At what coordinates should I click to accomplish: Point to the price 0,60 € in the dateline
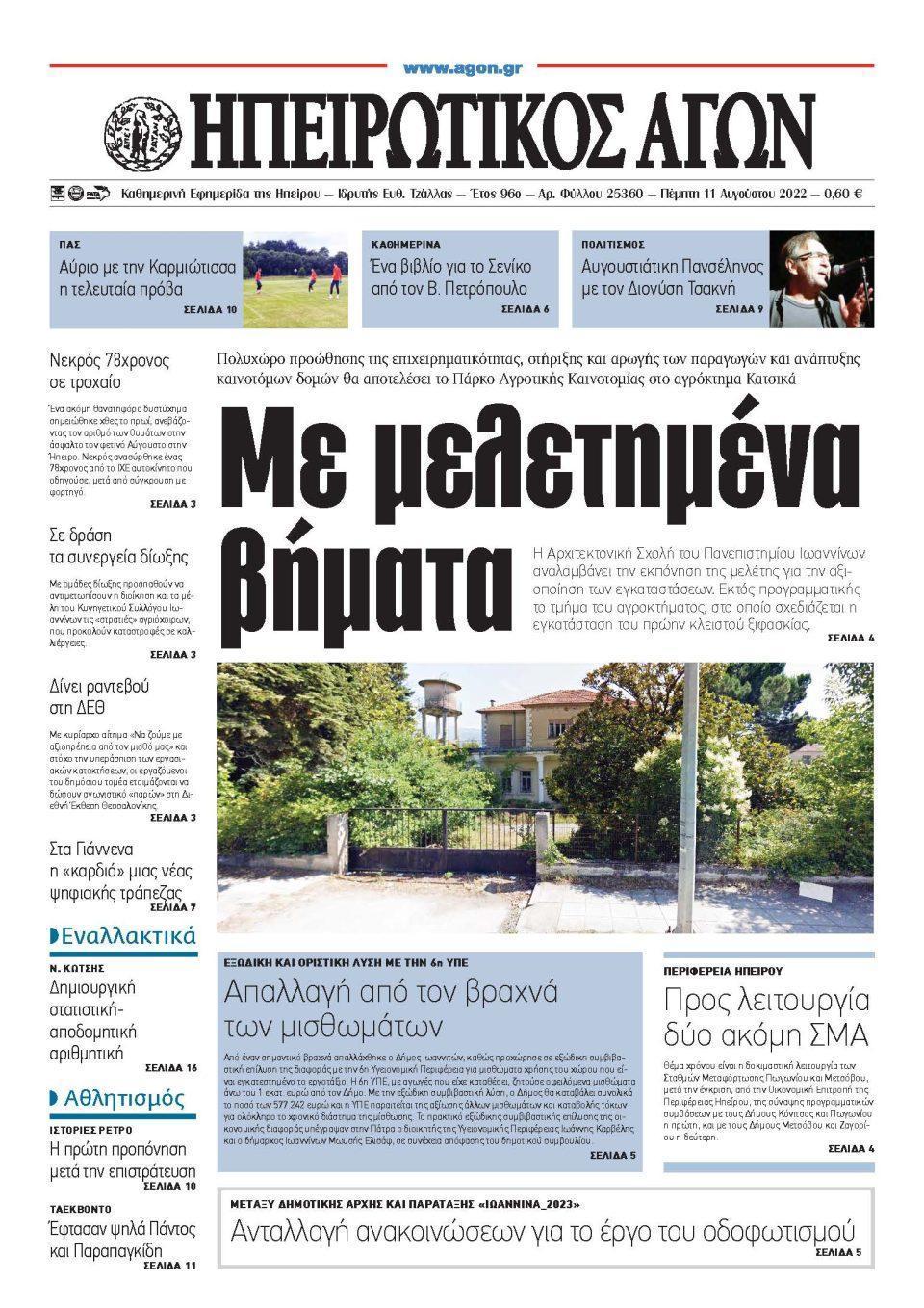pos(843,194)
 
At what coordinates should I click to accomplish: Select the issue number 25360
pos(622,194)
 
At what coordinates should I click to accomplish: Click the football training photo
pos(295,279)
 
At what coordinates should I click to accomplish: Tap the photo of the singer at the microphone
pos(821,279)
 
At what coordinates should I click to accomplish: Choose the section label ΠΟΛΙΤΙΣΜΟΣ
pos(613,245)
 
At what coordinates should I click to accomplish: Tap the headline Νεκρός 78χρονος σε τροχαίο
pos(109,372)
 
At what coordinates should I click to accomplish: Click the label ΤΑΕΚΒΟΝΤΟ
pos(81,1208)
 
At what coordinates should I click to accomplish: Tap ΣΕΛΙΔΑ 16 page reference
pos(171,1068)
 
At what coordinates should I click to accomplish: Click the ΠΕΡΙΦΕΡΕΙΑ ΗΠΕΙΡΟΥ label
pos(723,971)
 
